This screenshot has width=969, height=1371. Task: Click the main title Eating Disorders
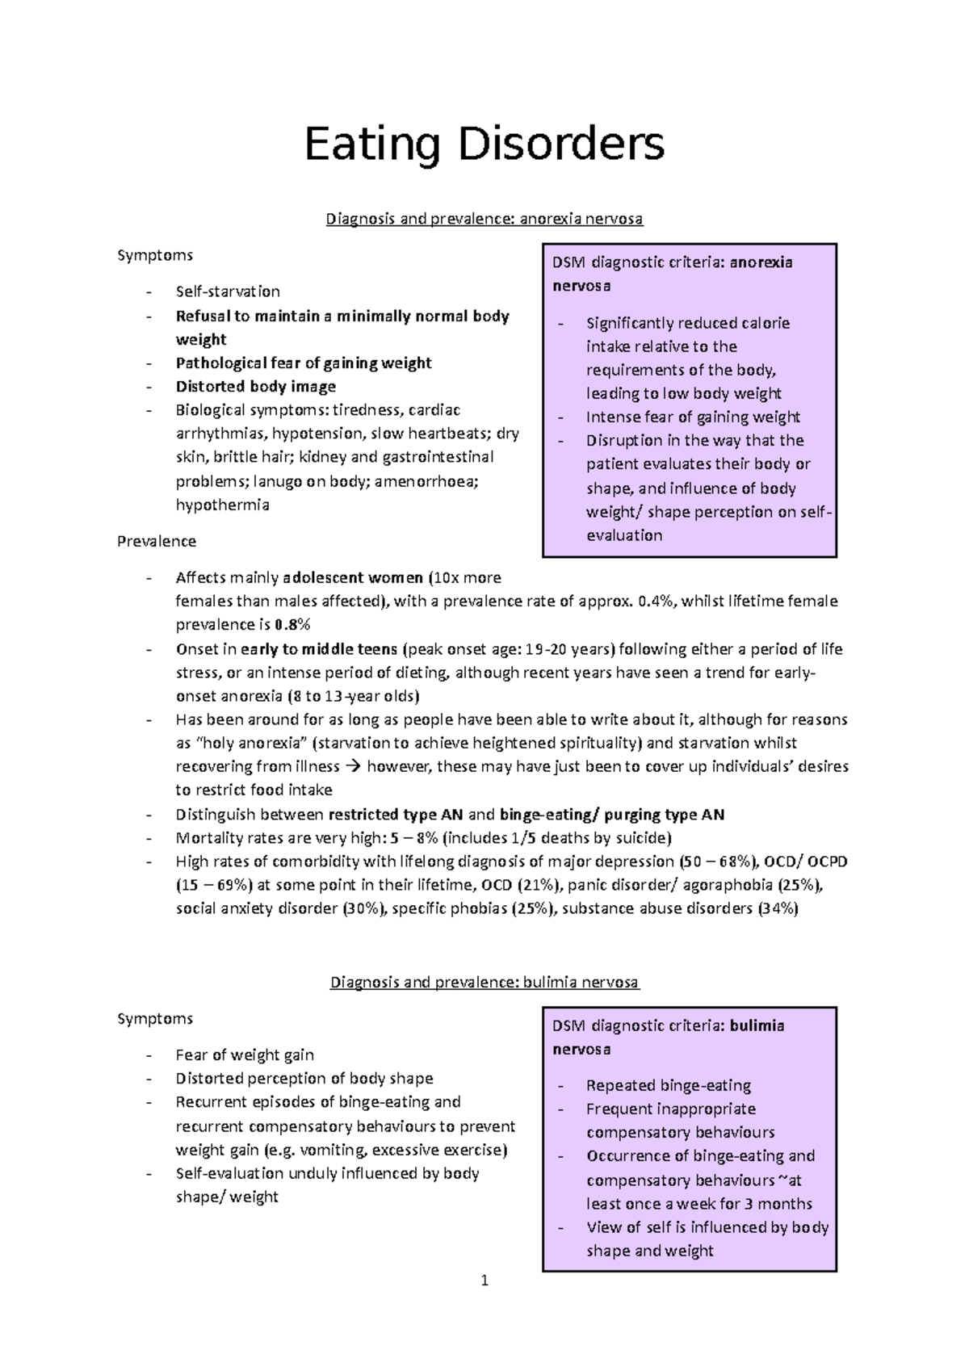tap(484, 145)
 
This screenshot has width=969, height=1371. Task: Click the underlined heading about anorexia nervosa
tap(484, 219)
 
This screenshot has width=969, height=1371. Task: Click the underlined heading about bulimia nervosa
tap(484, 983)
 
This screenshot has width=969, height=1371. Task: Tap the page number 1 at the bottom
tap(484, 1281)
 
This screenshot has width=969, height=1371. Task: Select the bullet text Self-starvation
tap(228, 291)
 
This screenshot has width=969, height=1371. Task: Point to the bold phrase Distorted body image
tap(256, 387)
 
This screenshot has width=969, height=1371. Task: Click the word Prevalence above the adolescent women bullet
tap(157, 541)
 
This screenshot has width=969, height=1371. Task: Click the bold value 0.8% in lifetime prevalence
tap(292, 625)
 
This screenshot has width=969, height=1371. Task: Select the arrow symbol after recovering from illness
tap(353, 767)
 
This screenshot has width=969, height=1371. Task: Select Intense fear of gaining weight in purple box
tap(693, 417)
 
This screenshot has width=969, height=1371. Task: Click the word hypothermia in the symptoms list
tap(223, 505)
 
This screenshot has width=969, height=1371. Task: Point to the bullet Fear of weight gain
tap(245, 1055)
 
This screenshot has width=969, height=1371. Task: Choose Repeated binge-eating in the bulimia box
tap(669, 1086)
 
